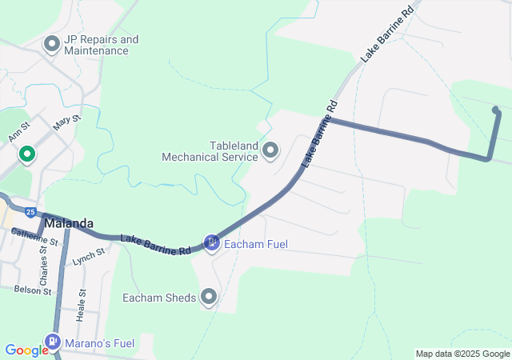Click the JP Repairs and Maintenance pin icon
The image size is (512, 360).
(53, 44)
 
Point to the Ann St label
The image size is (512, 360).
(18, 131)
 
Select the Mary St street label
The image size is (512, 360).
(66, 125)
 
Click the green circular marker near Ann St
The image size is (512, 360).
(27, 154)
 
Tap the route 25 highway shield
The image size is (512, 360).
(30, 212)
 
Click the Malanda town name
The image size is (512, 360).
(69, 224)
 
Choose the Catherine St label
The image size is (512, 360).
(35, 237)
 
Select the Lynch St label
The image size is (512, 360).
(89, 256)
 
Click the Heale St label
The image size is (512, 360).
(81, 305)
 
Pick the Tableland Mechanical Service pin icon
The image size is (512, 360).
(270, 150)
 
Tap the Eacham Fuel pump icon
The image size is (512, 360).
(211, 242)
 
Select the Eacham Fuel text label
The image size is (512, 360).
(256, 244)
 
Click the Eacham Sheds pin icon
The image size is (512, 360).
(210, 298)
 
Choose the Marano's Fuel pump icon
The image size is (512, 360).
(53, 343)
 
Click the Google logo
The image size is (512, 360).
(26, 350)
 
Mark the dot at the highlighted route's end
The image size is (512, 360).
(495, 110)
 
